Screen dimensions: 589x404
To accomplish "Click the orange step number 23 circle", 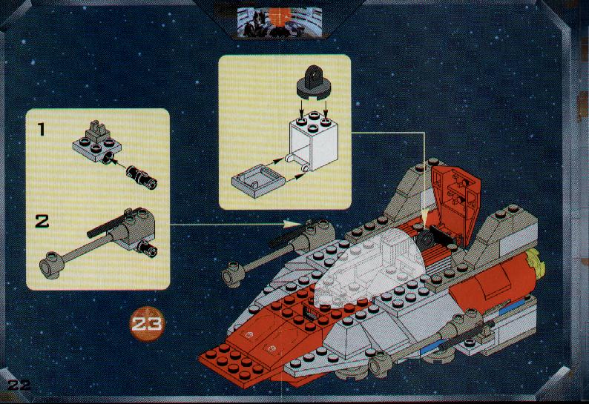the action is click(x=147, y=324).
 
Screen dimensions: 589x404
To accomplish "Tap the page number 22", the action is click(x=19, y=385).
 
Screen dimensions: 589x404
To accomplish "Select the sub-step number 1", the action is click(x=41, y=130).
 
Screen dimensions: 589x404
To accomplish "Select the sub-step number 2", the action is click(x=42, y=221).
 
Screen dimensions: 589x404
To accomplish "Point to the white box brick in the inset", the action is click(x=314, y=141).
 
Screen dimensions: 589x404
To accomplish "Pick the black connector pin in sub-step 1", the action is click(x=142, y=177).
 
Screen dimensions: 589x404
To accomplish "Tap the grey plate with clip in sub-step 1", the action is click(x=96, y=142).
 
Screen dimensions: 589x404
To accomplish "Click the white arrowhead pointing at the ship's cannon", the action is click(x=292, y=224).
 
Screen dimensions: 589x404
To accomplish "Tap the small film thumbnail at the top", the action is click(x=280, y=22).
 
